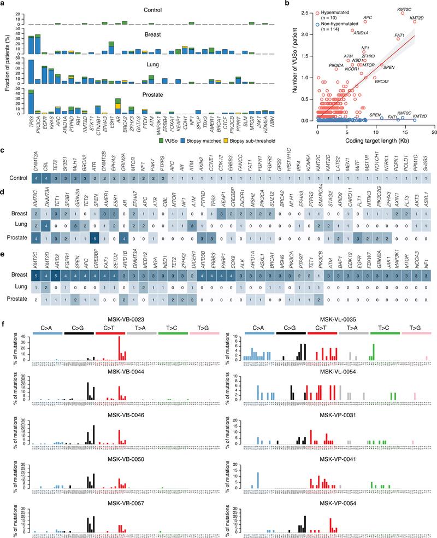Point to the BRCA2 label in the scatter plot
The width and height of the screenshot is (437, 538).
[x=381, y=81]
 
